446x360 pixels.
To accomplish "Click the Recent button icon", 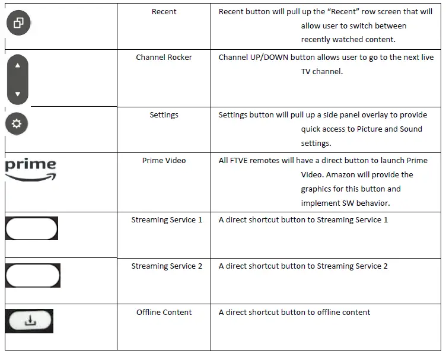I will pos(18,23).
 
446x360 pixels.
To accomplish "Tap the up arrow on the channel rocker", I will pos(17,65).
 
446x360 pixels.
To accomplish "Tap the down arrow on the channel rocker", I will pos(17,94).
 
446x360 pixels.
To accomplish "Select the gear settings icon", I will pos(17,123).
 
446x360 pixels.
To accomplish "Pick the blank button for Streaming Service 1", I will pos(31,228).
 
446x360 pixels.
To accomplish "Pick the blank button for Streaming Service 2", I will pos(33,275).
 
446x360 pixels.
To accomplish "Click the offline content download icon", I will pos(30,321).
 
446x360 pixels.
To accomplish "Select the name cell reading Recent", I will pos(164,11).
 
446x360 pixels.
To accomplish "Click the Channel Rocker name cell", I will pos(164,58).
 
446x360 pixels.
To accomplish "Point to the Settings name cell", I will pos(164,115).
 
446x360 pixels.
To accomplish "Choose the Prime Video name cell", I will pos(164,161).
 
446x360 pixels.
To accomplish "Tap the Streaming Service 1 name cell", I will pos(167,220).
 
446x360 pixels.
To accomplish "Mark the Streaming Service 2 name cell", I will pos(167,266).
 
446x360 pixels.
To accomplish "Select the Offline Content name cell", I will pos(164,313).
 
